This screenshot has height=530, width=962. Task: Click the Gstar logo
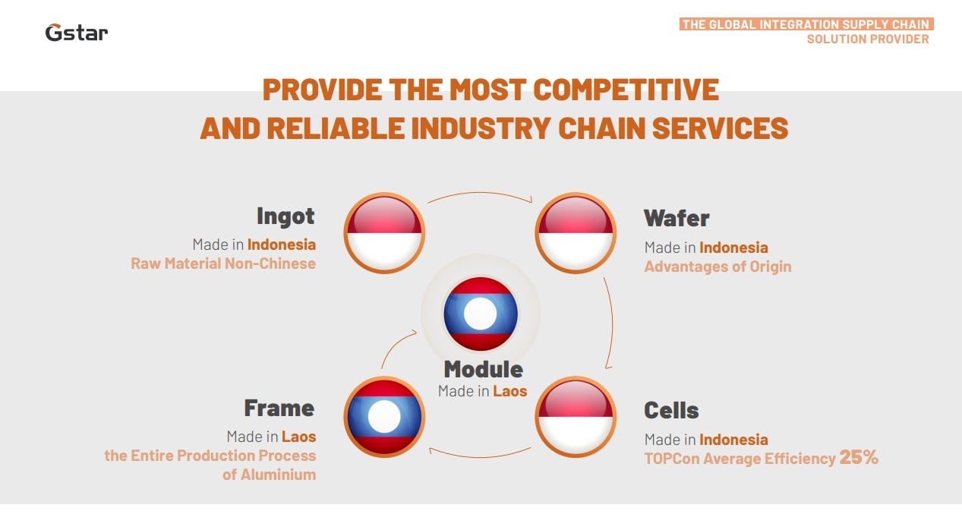(x=77, y=33)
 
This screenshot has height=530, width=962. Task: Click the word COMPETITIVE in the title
(x=626, y=90)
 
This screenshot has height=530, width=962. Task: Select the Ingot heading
(x=285, y=216)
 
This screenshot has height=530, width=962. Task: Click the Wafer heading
(x=677, y=218)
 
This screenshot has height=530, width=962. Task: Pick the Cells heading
(x=671, y=410)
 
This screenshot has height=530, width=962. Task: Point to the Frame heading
(x=279, y=408)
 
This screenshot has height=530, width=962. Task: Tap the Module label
(x=483, y=369)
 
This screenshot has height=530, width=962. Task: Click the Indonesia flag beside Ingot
(x=384, y=233)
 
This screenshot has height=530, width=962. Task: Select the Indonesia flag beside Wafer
(x=576, y=233)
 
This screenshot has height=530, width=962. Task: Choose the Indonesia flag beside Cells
(x=576, y=417)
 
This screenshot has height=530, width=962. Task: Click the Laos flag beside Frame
(x=384, y=417)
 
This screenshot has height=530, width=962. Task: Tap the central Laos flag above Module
(x=481, y=314)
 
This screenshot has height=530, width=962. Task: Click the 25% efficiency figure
(x=859, y=457)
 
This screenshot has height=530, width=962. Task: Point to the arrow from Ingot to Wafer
(x=480, y=192)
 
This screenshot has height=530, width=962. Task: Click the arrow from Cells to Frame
(x=480, y=457)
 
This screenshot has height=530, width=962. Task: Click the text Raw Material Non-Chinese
(x=223, y=263)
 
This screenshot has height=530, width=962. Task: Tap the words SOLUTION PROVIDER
(x=868, y=39)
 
